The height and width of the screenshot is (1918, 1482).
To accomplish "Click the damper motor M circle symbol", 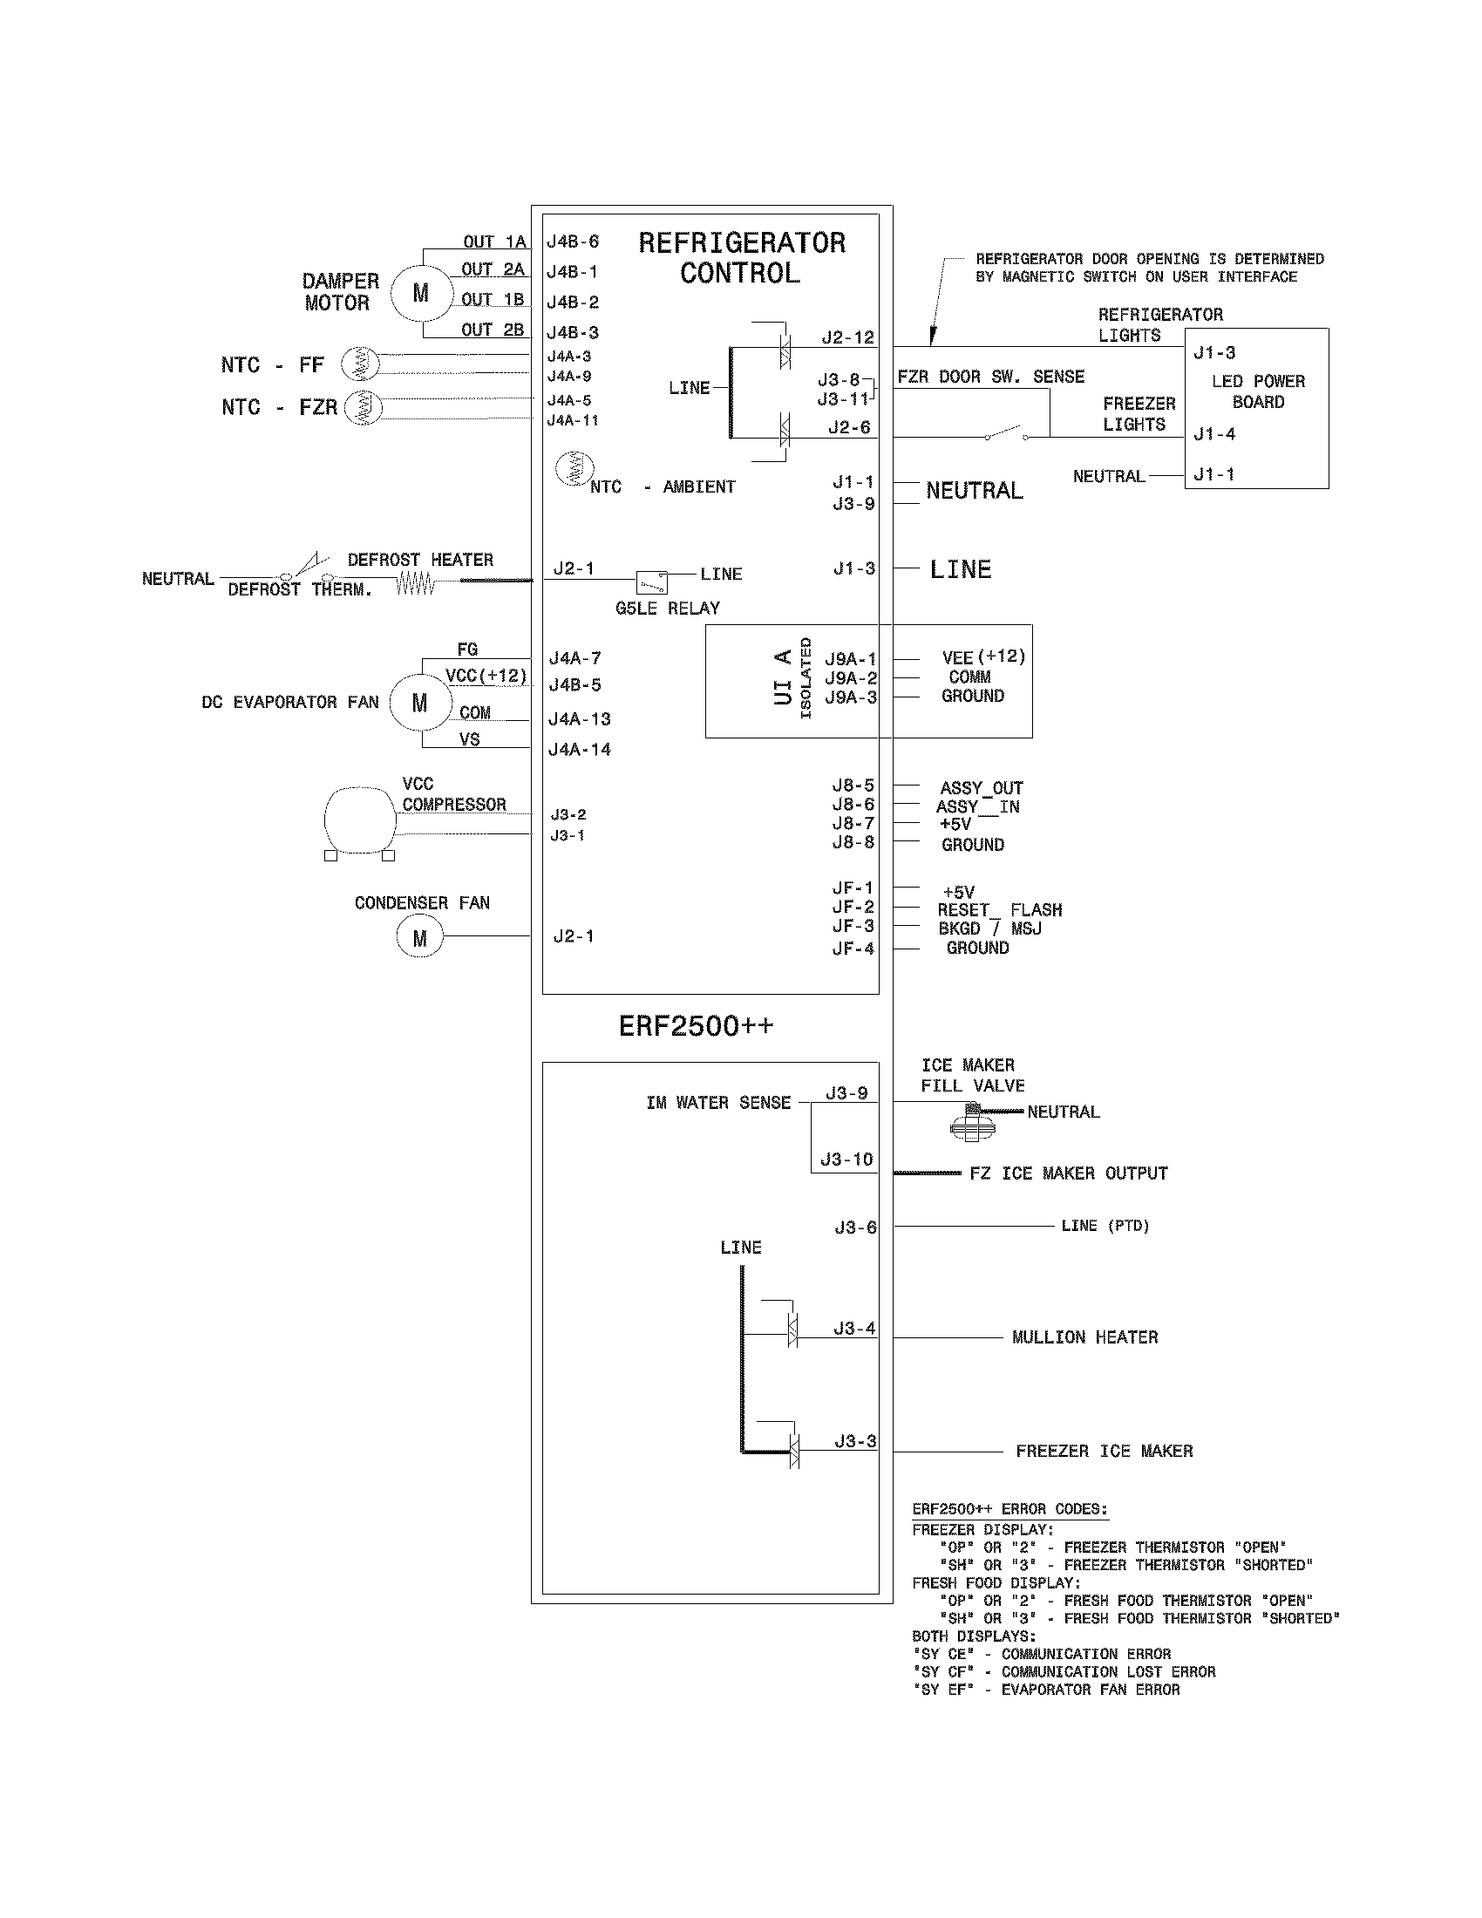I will [x=420, y=293].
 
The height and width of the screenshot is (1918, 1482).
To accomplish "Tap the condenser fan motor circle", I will [x=419, y=937].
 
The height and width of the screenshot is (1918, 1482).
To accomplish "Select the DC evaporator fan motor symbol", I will [x=419, y=703].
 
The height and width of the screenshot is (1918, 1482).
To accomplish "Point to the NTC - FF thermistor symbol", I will [x=360, y=363].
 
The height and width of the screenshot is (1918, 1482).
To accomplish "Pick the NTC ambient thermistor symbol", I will [x=575, y=469].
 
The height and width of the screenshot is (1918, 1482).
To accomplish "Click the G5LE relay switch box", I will [x=651, y=582].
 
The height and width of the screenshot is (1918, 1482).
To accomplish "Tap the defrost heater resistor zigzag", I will [x=415, y=582].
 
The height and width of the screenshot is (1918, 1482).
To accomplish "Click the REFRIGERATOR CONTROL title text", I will [x=741, y=257].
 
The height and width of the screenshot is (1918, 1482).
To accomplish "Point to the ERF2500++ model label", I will [x=696, y=1026].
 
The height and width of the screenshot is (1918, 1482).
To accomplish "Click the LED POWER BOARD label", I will [x=1257, y=391].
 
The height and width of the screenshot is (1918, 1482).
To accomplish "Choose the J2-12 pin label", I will [x=847, y=337].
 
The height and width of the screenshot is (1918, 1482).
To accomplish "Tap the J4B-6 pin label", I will [x=573, y=241].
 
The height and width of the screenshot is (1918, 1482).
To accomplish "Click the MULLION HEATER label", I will [x=1084, y=1337].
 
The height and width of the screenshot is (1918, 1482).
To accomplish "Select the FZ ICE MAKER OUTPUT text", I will [x=1069, y=1173].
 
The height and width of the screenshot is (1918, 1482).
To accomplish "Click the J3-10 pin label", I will [x=846, y=1160].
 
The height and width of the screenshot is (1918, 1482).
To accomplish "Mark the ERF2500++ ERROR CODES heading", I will [x=1010, y=1509].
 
